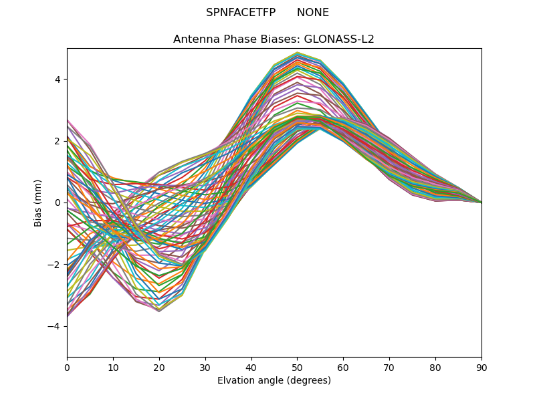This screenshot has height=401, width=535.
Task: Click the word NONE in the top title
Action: tap(313, 13)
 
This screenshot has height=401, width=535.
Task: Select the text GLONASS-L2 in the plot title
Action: tap(340, 39)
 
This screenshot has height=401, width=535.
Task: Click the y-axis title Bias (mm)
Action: tap(38, 203)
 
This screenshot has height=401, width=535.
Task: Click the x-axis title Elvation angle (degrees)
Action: tap(274, 380)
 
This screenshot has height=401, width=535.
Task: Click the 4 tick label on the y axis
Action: tap(58, 79)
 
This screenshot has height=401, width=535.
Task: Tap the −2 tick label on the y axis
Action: tap(55, 264)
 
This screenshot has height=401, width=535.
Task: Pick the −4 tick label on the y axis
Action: tap(55, 326)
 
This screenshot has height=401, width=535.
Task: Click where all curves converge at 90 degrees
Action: tap(481, 202)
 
